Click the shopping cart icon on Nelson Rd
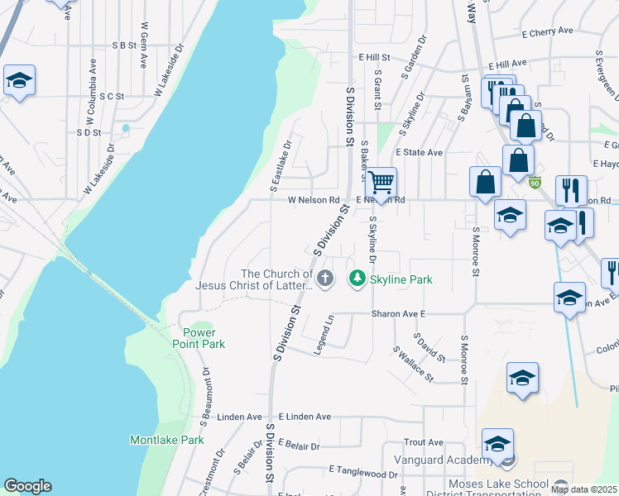pos(381,182)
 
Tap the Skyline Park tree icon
pos(357,279)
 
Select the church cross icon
pos(326,279)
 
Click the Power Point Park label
pos(199,338)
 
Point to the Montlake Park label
pos(166,440)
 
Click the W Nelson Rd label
pos(314,200)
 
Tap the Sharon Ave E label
pos(398,314)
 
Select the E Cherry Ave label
pos(548,31)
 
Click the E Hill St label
pos(373,57)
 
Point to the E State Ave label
pos(419,153)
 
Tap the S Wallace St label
pos(413,364)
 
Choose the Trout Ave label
pos(424,443)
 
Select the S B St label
pos(122,45)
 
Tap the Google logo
pos(27,486)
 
